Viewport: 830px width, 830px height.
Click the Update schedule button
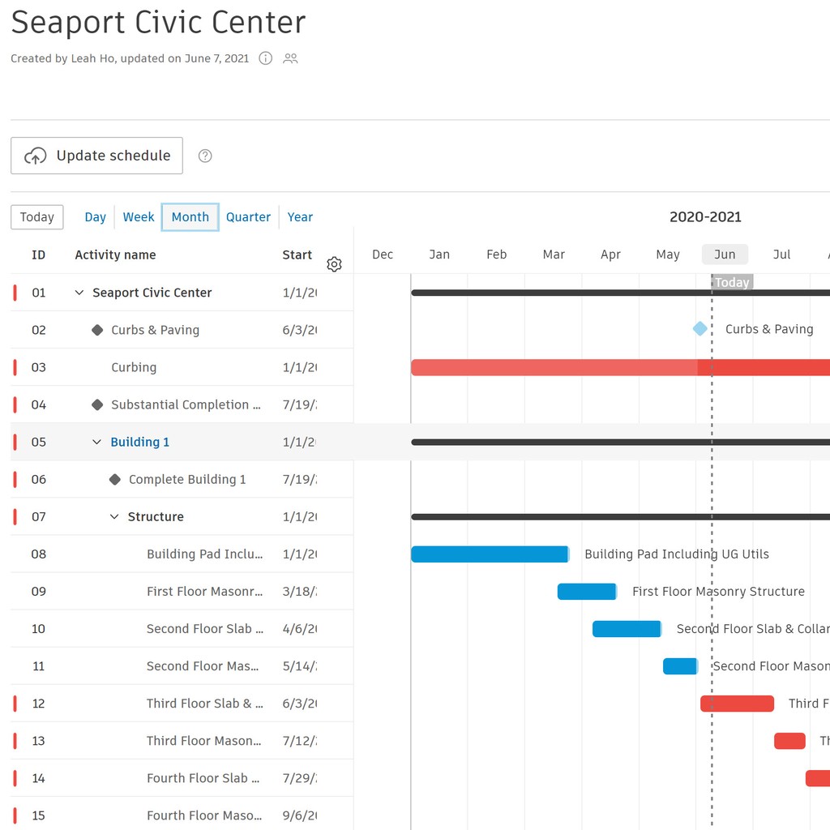[96, 156]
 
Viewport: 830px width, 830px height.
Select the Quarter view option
[248, 217]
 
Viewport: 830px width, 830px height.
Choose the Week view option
[139, 217]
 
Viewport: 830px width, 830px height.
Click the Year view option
[300, 217]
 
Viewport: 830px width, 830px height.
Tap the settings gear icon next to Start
[334, 264]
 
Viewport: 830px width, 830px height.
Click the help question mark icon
[205, 156]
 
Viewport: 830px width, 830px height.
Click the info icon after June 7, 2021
[265, 58]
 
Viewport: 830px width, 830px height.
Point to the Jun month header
[725, 255]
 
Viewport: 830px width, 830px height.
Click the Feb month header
[496, 255]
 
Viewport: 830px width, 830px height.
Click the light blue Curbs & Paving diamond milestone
[700, 329]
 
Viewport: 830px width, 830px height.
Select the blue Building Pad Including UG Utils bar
[490, 554]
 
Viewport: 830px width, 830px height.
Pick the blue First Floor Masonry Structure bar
[587, 592]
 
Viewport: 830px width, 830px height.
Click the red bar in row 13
[789, 741]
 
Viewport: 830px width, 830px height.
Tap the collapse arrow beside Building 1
[96, 443]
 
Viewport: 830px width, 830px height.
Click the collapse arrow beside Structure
[114, 517]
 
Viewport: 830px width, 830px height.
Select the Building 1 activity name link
[140, 443]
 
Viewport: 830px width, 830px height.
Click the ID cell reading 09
[39, 592]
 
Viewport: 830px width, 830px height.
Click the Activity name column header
[115, 255]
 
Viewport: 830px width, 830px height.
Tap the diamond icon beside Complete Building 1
[115, 480]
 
